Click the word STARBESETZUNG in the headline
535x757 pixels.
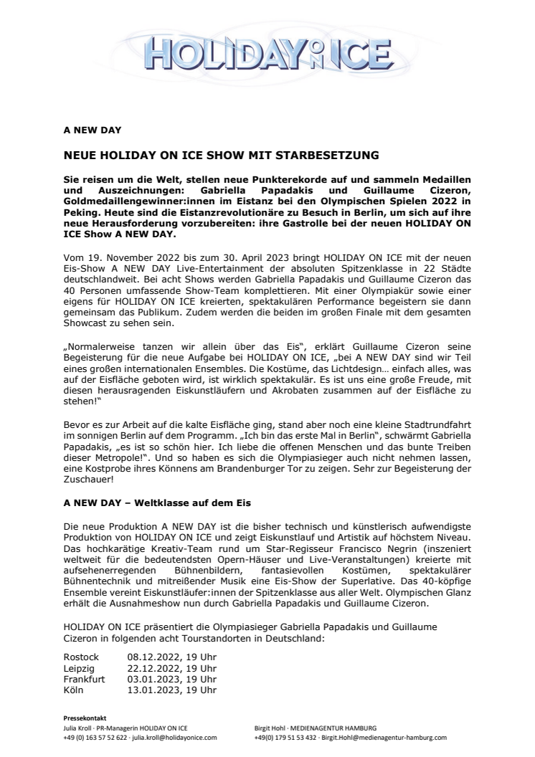(x=331, y=154)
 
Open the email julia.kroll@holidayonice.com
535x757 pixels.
(x=175, y=737)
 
